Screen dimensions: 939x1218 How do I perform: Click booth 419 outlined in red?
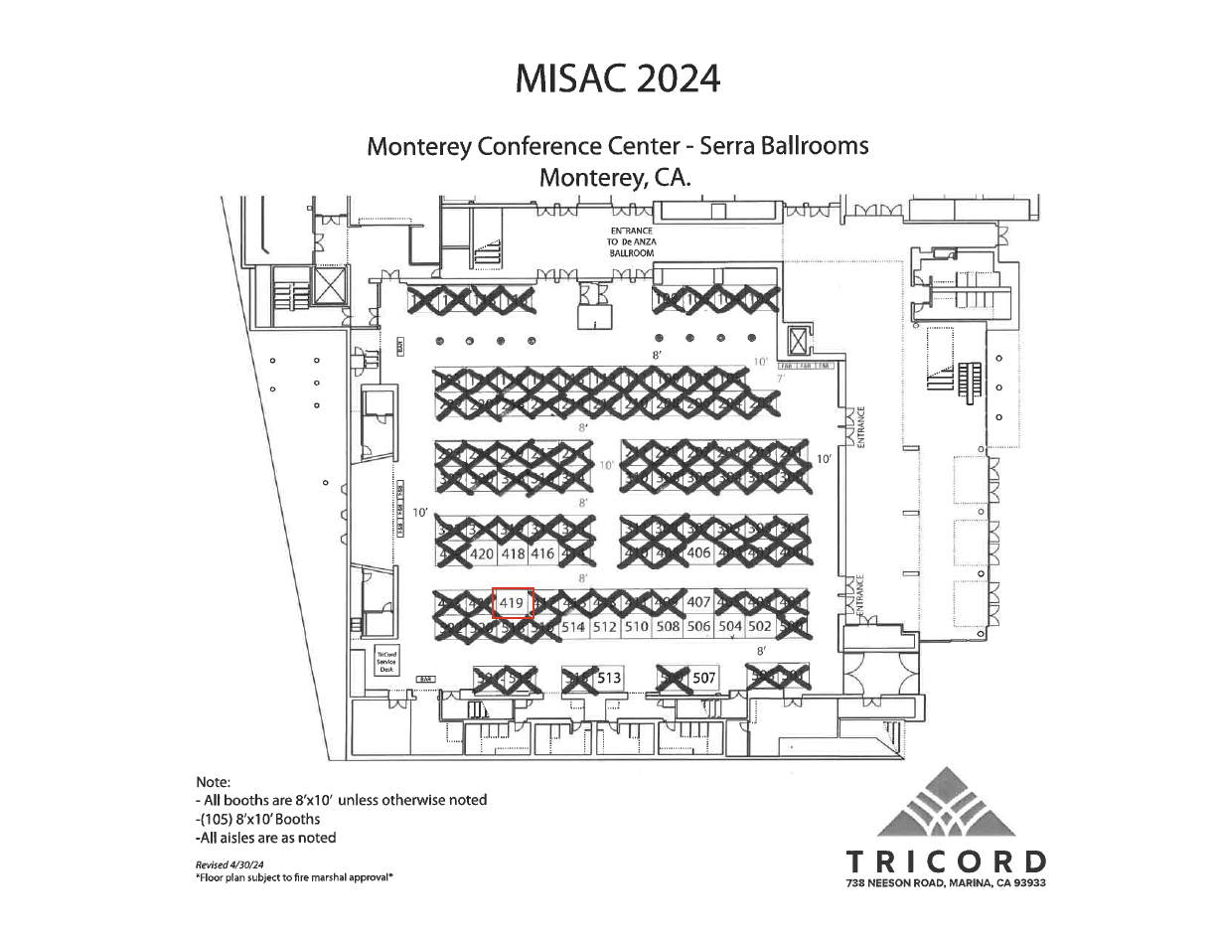pyautogui.click(x=513, y=603)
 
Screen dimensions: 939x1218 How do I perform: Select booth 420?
pyautogui.click(x=482, y=554)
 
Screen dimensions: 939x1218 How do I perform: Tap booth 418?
pyautogui.click(x=514, y=554)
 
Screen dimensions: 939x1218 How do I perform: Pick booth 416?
pyautogui.click(x=542, y=554)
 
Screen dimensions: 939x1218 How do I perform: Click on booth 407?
pyautogui.click(x=698, y=602)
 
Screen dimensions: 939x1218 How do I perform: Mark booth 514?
pyautogui.click(x=573, y=628)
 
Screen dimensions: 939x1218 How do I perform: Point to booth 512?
pyautogui.click(x=605, y=628)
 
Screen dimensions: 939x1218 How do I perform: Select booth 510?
pyautogui.click(x=637, y=628)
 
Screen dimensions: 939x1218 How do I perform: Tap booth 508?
pyautogui.click(x=668, y=628)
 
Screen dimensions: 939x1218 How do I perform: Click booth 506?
pyautogui.click(x=698, y=628)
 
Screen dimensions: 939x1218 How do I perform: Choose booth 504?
pyautogui.click(x=730, y=628)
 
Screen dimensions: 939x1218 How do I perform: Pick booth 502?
pyautogui.click(x=760, y=628)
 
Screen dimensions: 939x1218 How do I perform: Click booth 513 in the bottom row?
pyautogui.click(x=609, y=679)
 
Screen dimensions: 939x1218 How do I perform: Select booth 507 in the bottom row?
pyautogui.click(x=703, y=679)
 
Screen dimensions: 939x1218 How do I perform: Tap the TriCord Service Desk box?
pyautogui.click(x=386, y=662)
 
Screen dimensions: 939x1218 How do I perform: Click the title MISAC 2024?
pyautogui.click(x=618, y=78)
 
